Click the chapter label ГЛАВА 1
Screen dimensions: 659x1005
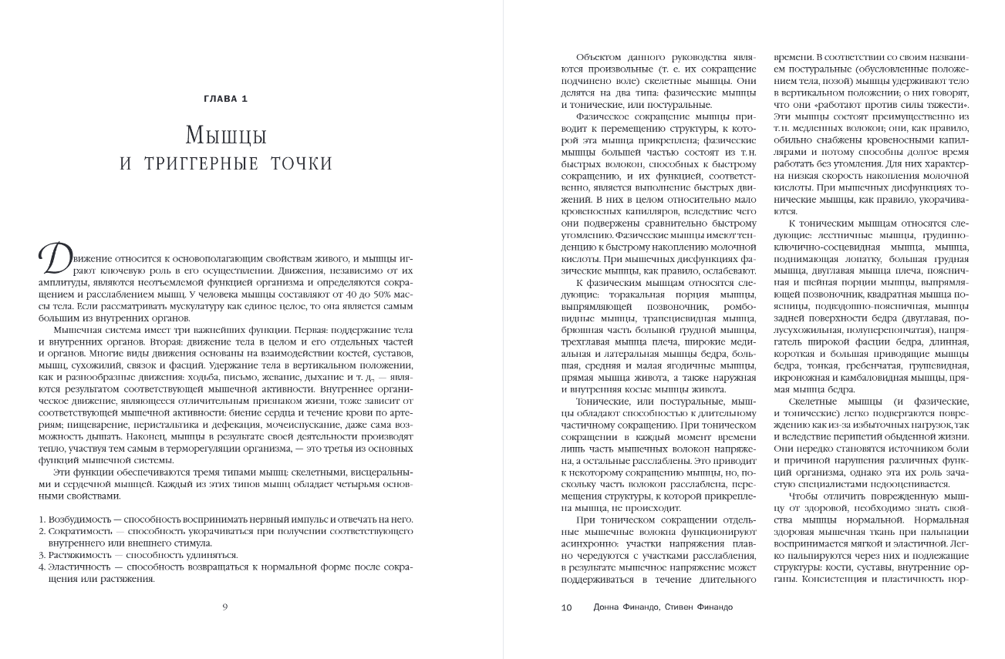pyautogui.click(x=224, y=98)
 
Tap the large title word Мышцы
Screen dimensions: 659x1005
pyautogui.click(x=225, y=136)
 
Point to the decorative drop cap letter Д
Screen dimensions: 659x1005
pyautogui.click(x=51, y=256)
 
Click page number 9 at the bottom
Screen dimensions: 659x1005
pyautogui.click(x=224, y=607)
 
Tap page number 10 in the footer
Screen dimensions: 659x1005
pyautogui.click(x=566, y=607)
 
